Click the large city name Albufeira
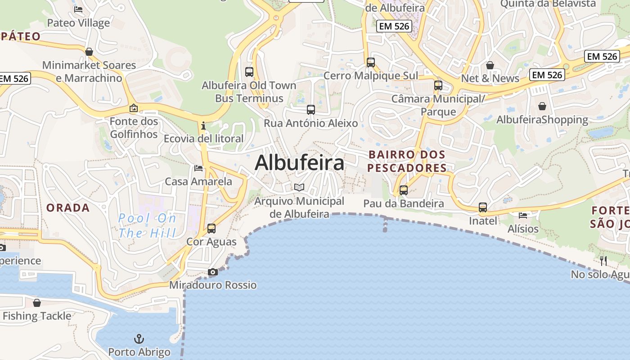299,162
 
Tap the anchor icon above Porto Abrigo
139,338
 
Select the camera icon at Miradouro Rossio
213,272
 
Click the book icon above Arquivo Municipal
299,187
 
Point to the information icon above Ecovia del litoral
203,126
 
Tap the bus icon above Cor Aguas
211,228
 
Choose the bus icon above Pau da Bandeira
404,190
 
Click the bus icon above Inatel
483,207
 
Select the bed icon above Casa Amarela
198,168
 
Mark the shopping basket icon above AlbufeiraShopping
542,106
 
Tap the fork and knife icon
603,261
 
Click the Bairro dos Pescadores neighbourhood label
407,161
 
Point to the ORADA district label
68,208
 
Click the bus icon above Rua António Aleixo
311,109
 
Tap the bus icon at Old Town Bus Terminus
249,72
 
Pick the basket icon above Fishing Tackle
37,302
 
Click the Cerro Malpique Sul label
371,76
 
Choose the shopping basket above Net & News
490,65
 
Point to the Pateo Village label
78,23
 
